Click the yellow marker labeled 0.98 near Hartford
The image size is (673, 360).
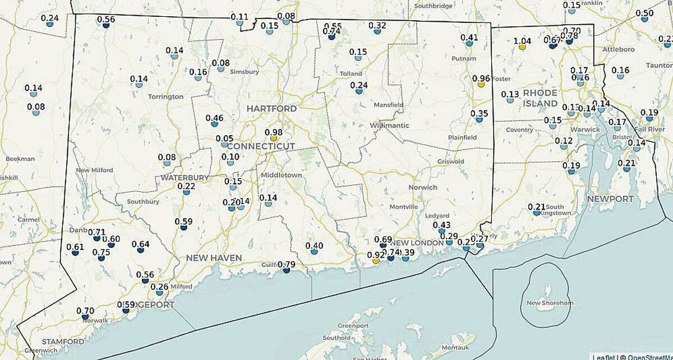click(x=274, y=138)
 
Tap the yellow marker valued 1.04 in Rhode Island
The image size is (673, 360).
click(x=522, y=47)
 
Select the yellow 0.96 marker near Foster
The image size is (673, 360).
click(x=481, y=85)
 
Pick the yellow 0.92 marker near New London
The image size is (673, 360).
click(x=376, y=261)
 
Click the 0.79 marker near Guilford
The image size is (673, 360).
click(x=287, y=270)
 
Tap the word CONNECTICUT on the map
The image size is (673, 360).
click(x=261, y=146)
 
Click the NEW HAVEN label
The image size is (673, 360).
click(x=214, y=258)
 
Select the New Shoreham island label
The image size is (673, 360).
click(x=550, y=303)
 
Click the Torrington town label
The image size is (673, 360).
click(x=165, y=96)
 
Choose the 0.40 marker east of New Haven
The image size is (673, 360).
click(x=314, y=252)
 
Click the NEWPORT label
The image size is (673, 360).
click(x=610, y=199)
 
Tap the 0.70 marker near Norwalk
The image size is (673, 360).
click(x=85, y=317)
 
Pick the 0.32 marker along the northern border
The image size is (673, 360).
click(x=377, y=32)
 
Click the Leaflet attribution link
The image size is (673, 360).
click(x=603, y=357)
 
